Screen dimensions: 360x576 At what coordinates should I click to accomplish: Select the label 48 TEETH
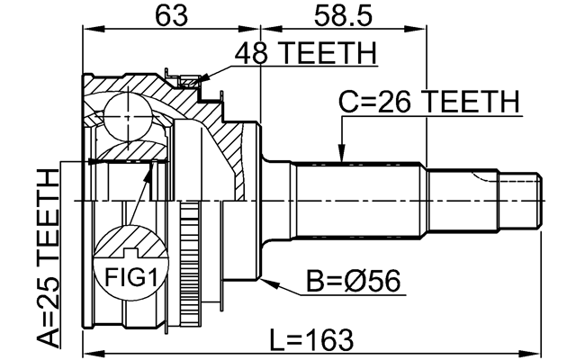click(303, 55)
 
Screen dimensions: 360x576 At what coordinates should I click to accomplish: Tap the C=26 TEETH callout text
click(428, 102)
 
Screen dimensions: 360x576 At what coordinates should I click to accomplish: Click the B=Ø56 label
click(353, 285)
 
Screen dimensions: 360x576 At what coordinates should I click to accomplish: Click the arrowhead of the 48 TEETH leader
click(193, 85)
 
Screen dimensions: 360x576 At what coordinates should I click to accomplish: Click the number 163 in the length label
click(328, 340)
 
